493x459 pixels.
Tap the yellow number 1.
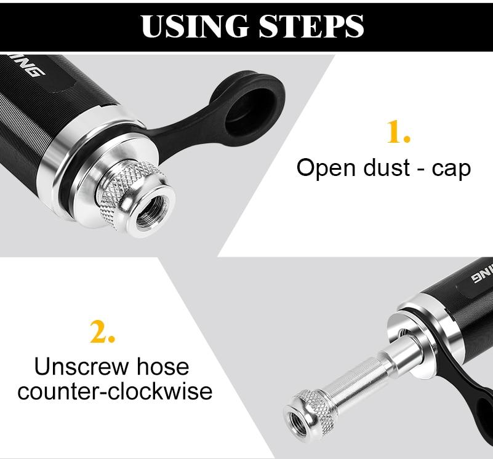(398, 132)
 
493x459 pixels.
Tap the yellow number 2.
(102, 332)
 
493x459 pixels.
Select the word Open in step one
(323, 167)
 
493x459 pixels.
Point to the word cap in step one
(451, 169)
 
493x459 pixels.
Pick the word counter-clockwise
(115, 391)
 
